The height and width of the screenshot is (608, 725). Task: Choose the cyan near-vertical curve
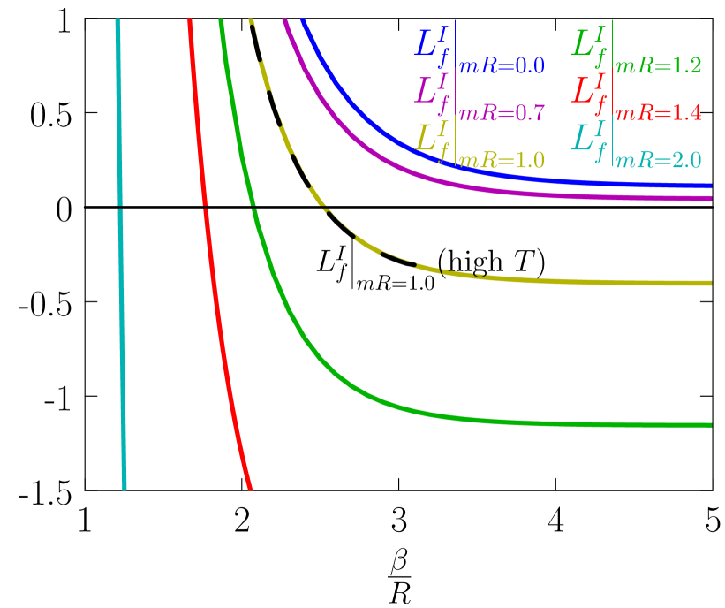tap(120, 265)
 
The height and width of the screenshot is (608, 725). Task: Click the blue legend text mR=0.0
tap(502, 65)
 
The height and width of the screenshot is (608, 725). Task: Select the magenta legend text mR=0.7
tap(502, 113)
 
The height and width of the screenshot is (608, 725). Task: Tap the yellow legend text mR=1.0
tap(502, 161)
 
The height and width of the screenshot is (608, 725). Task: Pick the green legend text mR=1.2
tap(659, 65)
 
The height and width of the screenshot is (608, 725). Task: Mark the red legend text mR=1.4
tap(659, 113)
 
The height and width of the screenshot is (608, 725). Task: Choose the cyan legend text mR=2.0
tap(659, 161)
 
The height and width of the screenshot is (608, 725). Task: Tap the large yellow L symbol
tap(429, 140)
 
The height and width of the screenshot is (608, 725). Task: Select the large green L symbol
tap(585, 44)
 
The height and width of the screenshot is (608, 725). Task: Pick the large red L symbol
tap(585, 92)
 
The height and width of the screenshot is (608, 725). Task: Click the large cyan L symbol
tap(585, 140)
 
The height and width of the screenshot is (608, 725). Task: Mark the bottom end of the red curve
tap(250, 486)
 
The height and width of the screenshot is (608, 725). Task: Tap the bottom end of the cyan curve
tap(125, 486)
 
